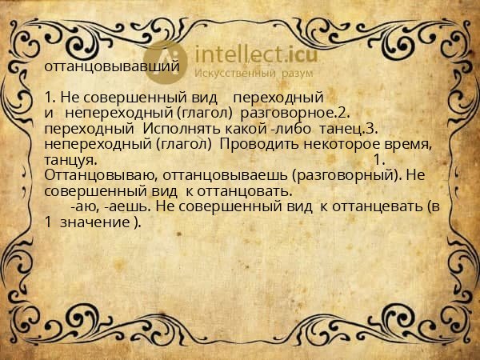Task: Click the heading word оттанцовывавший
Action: (112, 68)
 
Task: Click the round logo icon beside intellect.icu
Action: (166, 60)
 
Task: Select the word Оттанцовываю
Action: (89, 174)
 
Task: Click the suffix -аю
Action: (85, 206)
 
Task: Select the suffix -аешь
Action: (125, 206)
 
